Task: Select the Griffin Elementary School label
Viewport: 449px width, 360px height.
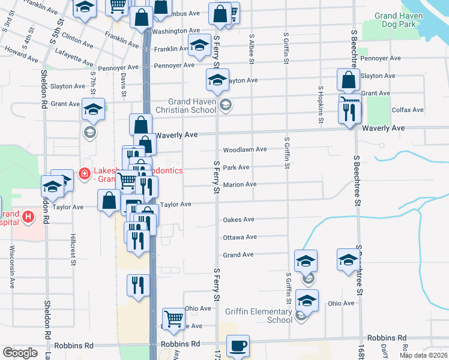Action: coord(259,316)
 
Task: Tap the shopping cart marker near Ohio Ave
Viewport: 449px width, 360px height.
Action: coord(173,319)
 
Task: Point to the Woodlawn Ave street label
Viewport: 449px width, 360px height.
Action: coord(245,149)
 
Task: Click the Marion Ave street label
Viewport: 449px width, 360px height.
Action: coord(240,185)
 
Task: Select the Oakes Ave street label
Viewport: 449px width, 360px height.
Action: coord(239,220)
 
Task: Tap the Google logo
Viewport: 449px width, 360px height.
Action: coord(20,352)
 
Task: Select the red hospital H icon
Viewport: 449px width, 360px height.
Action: coord(28,216)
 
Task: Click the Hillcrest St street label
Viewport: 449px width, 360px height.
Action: coord(73,250)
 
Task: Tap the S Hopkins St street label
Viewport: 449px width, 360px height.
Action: coord(321,106)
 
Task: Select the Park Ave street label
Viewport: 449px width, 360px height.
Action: coord(236,168)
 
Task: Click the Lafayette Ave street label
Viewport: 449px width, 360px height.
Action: coord(74,57)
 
